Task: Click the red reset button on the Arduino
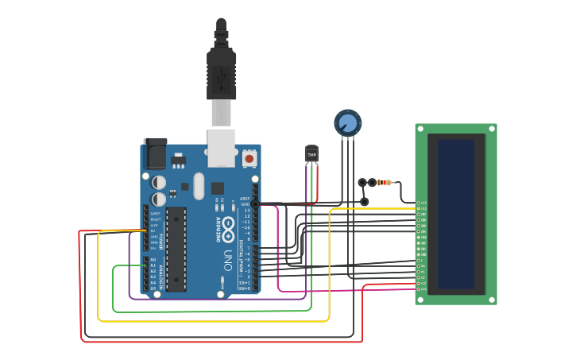coord(249,158)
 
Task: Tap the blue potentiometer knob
coord(347,122)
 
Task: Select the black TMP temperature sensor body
coord(311,153)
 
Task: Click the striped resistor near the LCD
coord(385,183)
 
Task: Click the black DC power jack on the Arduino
coord(155,153)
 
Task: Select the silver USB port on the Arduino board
coord(221,149)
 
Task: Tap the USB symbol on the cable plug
coord(221,77)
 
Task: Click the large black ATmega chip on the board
coord(176,249)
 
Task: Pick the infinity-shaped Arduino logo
coord(228,225)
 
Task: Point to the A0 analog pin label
coord(153,260)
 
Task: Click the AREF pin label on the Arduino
coord(245,199)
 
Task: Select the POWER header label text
coord(160,242)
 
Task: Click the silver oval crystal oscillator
coord(198,188)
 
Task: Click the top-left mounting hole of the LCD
coord(421,130)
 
